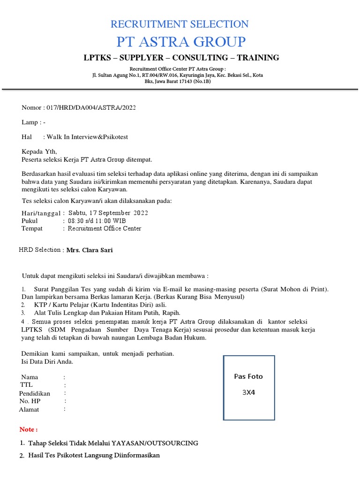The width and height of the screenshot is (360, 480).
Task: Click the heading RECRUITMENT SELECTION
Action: [180, 24]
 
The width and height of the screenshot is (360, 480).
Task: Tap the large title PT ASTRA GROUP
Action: [180, 42]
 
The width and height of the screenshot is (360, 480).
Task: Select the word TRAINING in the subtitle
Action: [258, 58]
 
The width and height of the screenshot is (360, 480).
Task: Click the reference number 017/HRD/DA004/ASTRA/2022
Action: [91, 108]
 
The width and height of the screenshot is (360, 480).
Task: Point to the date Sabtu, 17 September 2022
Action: [108, 213]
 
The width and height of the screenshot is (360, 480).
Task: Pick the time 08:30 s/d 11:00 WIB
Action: [97, 221]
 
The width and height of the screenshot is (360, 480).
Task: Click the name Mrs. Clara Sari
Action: [90, 250]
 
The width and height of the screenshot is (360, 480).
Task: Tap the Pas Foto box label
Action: [248, 376]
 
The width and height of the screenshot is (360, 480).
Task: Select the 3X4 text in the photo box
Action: [248, 393]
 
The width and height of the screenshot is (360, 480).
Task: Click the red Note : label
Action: [29, 429]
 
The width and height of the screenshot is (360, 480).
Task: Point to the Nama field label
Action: [30, 377]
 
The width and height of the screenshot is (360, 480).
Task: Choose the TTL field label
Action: [27, 385]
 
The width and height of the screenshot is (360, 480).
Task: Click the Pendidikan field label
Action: [34, 393]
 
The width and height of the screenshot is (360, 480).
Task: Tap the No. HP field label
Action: [30, 401]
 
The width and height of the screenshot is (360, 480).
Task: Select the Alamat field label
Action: [29, 410]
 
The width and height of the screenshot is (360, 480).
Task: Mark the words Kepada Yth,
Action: [39, 151]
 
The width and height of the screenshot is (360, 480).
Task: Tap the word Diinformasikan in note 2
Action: [136, 455]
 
